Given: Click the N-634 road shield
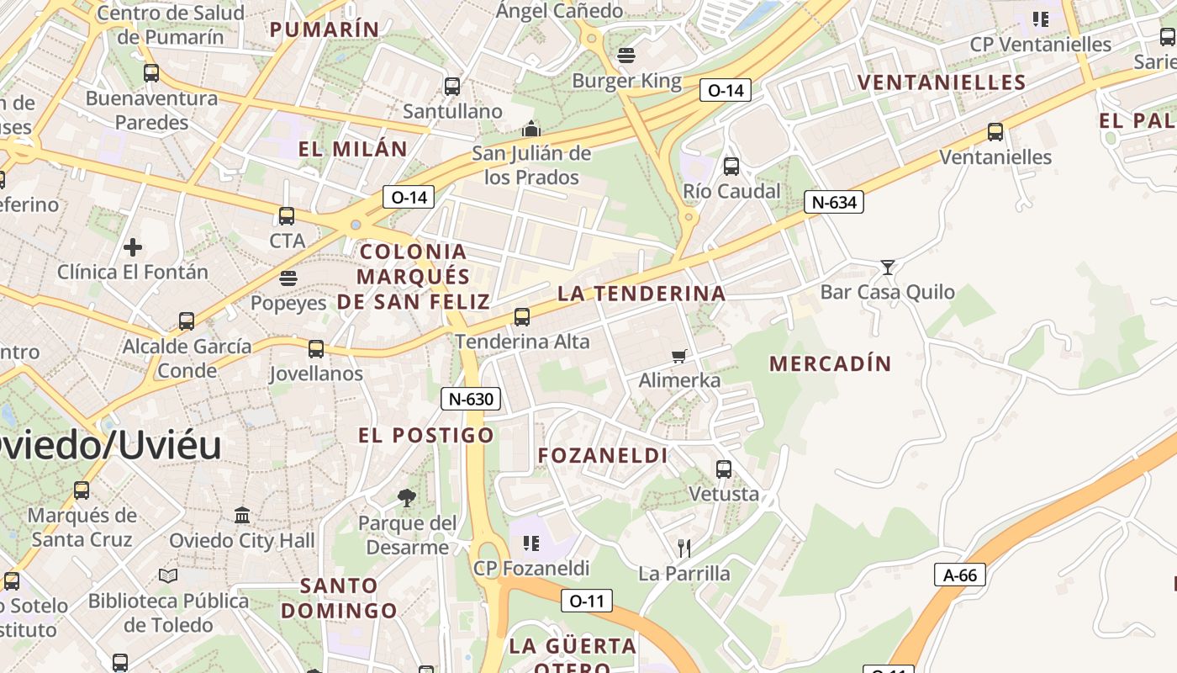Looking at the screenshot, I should click(834, 202).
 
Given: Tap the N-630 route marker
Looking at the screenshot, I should click(471, 399).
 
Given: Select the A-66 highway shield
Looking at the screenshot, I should click(959, 575).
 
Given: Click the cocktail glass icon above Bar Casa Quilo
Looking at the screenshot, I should click(887, 268).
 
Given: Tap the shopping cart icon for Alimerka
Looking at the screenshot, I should click(679, 356).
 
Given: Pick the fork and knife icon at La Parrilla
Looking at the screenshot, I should click(684, 548).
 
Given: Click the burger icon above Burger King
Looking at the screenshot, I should click(625, 56).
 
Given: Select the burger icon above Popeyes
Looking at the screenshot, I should click(288, 278).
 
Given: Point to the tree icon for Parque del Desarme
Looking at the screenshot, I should click(407, 498).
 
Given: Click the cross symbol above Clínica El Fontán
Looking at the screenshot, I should click(133, 247).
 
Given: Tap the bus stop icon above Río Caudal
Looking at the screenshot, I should click(731, 167).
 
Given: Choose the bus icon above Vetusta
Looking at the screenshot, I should click(724, 469).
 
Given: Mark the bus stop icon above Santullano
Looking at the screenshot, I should click(452, 86).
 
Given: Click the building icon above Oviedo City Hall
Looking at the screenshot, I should click(242, 515).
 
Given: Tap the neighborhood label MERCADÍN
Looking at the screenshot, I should click(830, 363).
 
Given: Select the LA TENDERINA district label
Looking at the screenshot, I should click(641, 294).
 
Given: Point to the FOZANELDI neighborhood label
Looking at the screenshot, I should click(603, 456).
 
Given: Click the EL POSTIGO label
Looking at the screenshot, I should click(426, 435).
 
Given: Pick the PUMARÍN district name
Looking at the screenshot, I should click(325, 29).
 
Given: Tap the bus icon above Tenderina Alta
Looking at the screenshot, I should click(522, 317).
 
